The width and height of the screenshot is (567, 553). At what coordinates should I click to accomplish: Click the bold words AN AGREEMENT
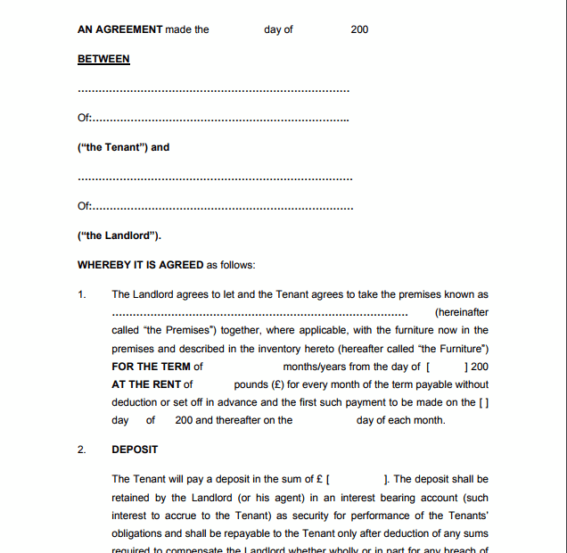tap(120, 29)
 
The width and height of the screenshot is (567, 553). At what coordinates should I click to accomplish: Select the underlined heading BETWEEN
tap(103, 59)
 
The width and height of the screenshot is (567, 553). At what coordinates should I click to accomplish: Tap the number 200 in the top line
tap(359, 29)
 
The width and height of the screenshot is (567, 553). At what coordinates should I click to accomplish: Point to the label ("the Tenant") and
tap(123, 147)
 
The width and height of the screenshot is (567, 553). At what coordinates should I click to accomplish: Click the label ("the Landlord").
tap(119, 235)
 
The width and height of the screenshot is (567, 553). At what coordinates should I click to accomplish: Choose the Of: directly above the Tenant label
tap(85, 119)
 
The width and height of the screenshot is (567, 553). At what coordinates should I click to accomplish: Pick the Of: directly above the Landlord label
tap(85, 207)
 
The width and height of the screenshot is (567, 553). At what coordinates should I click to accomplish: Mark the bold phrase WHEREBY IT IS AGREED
tap(141, 265)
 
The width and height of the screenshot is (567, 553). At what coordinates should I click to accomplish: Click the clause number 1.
tap(82, 294)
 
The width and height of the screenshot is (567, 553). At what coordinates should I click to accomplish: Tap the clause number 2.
tap(82, 450)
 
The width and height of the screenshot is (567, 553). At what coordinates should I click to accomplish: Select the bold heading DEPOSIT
tap(135, 450)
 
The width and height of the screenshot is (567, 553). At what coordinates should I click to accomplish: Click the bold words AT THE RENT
tap(147, 384)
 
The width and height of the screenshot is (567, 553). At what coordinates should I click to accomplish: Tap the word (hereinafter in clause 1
tap(461, 312)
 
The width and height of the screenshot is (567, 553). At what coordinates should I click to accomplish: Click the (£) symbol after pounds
tap(277, 384)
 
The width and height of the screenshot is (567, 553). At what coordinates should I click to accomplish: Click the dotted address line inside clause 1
tap(259, 314)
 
